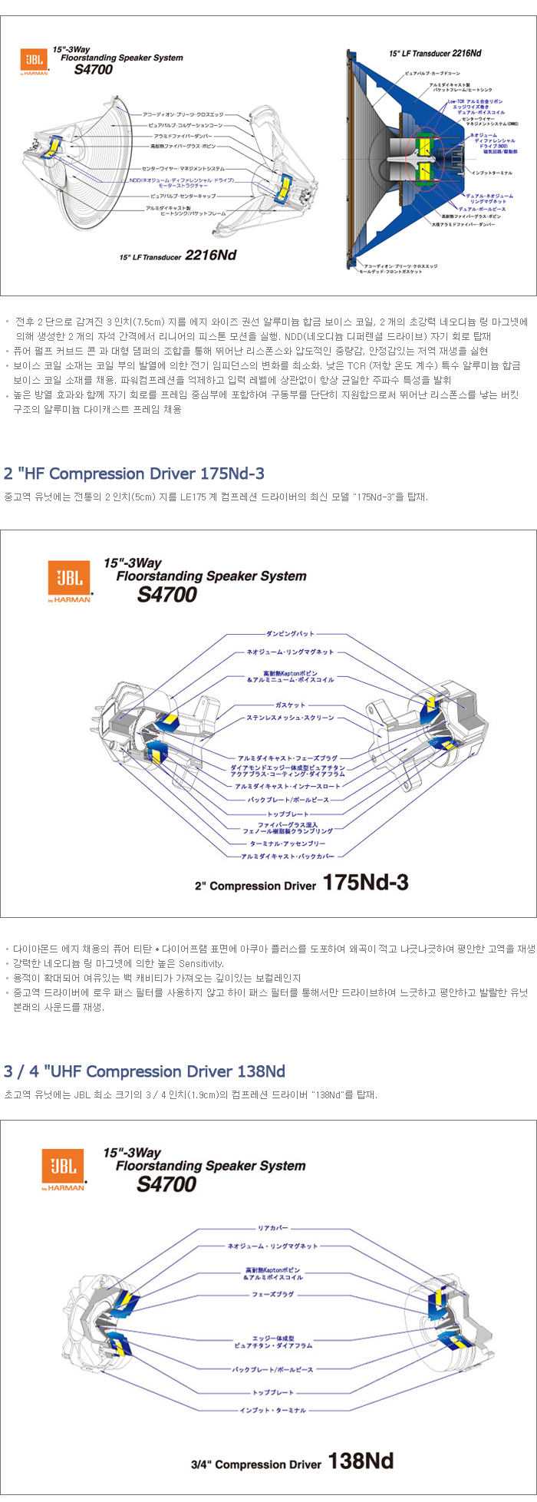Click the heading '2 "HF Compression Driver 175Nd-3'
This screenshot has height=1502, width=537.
[134, 474]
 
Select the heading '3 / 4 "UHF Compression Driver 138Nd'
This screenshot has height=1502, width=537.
[144, 1071]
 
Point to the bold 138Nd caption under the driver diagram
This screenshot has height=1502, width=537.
[360, 1461]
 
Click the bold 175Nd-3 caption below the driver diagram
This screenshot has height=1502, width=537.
[365, 883]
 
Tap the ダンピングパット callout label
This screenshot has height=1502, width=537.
[290, 634]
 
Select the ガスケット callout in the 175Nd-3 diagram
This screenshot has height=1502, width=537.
[290, 705]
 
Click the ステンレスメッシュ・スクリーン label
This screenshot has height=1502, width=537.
[290, 718]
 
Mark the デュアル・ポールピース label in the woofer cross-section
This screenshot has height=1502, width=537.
[483, 208]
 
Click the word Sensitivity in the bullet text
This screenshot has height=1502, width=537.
[201, 963]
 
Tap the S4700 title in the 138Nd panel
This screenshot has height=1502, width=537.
[166, 1184]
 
